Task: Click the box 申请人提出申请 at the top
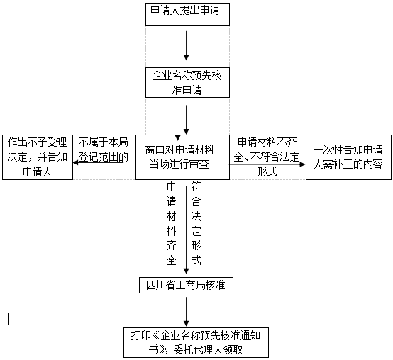(187, 14)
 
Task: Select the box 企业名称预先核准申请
(187, 82)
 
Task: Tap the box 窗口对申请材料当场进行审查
(182, 157)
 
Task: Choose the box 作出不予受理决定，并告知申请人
(38, 157)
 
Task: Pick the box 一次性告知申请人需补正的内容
(348, 157)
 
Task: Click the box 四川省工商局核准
(187, 285)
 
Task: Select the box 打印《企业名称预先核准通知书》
(196, 342)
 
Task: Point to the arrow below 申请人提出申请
(187, 46)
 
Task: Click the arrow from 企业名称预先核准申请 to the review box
(187, 120)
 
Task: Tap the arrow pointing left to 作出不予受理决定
(101, 163)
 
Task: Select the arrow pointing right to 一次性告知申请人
(267, 164)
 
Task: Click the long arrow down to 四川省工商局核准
(187, 230)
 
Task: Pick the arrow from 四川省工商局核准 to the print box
(187, 312)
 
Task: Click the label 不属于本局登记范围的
(104, 150)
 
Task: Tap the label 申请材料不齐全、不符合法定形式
(267, 157)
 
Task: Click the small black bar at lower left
(9, 319)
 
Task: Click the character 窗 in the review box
(150, 150)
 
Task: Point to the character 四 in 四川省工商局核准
(151, 285)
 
